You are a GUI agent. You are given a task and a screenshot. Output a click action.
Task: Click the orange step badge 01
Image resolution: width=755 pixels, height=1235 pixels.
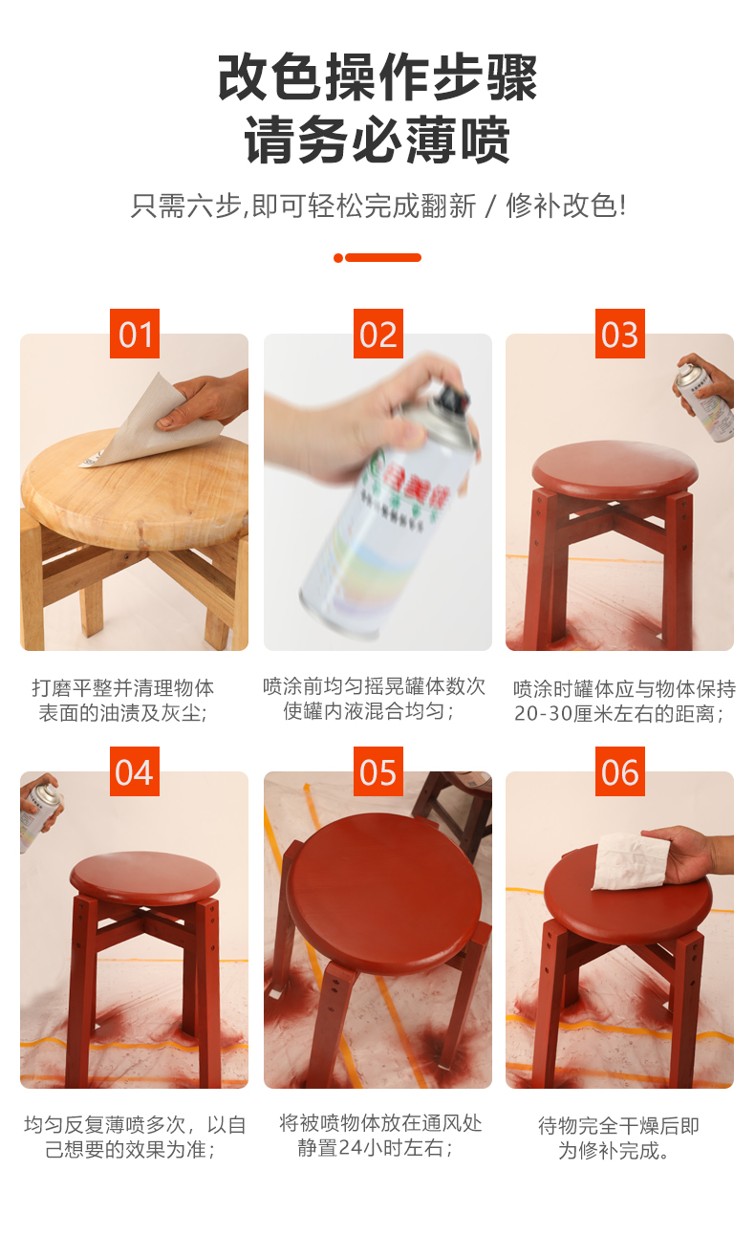coord(135,335)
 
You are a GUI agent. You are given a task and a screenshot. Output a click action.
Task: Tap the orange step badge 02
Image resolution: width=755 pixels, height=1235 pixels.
coord(377,335)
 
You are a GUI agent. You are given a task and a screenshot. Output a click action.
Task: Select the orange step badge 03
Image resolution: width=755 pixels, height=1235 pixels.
coord(619,335)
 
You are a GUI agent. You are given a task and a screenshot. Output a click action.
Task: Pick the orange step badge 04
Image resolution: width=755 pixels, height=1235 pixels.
coord(135,771)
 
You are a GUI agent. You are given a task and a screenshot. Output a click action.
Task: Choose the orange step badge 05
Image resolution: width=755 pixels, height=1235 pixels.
coord(377,771)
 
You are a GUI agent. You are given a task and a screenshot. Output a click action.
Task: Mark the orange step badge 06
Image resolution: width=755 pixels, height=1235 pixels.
coord(619,771)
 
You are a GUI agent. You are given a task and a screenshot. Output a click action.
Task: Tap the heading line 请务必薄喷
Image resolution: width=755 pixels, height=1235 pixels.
coord(377,141)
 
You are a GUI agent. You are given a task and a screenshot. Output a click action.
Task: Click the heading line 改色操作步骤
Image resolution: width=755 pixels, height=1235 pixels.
coord(377,77)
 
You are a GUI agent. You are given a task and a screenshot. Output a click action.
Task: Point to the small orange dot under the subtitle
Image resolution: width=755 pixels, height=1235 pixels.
coord(338,258)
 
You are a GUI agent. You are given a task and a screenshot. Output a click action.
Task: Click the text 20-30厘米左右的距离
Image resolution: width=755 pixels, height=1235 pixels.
coord(619,714)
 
